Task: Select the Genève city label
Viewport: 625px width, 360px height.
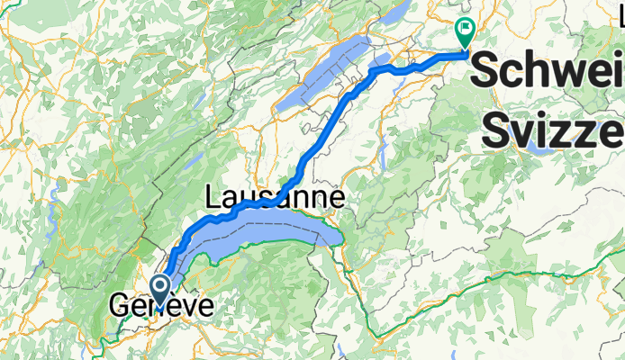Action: click(162, 307)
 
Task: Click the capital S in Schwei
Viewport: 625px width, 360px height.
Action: click(486, 70)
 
